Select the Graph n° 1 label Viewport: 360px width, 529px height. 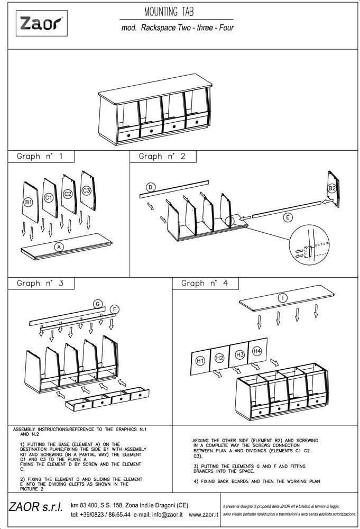pyautogui.click(x=40, y=156)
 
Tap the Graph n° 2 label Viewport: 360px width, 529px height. pyautogui.click(x=162, y=156)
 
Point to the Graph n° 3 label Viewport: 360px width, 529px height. pyautogui.click(x=40, y=283)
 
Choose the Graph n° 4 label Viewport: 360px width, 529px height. pyautogui.click(x=205, y=283)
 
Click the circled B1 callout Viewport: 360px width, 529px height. pyautogui.click(x=29, y=202)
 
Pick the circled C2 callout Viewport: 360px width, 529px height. pyautogui.click(x=68, y=194)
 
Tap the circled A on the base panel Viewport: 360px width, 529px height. pyautogui.click(x=59, y=246)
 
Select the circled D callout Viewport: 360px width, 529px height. pyautogui.click(x=151, y=187)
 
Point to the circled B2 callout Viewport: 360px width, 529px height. pyautogui.click(x=332, y=188)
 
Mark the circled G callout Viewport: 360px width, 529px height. pyautogui.click(x=97, y=304)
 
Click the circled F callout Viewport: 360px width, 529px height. pyautogui.click(x=115, y=309)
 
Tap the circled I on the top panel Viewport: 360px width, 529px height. pyautogui.click(x=284, y=298)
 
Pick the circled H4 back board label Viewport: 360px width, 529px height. pyautogui.click(x=257, y=351)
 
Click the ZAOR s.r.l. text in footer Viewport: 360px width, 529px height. pyautogui.click(x=36, y=506)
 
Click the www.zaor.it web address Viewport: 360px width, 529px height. pyautogui.click(x=204, y=514)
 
